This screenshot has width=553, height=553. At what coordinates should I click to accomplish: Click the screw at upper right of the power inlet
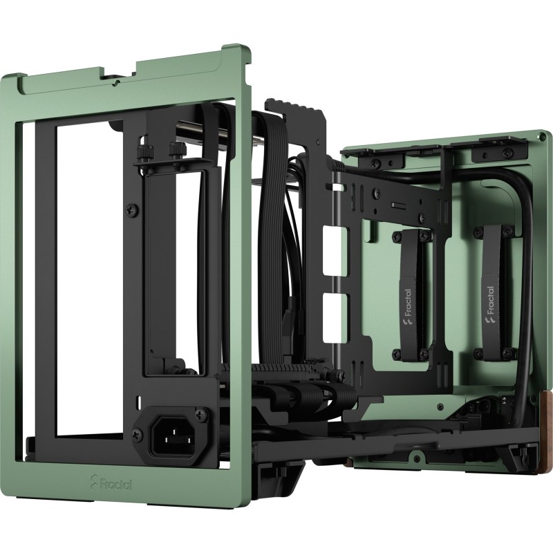click(x=201, y=414)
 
